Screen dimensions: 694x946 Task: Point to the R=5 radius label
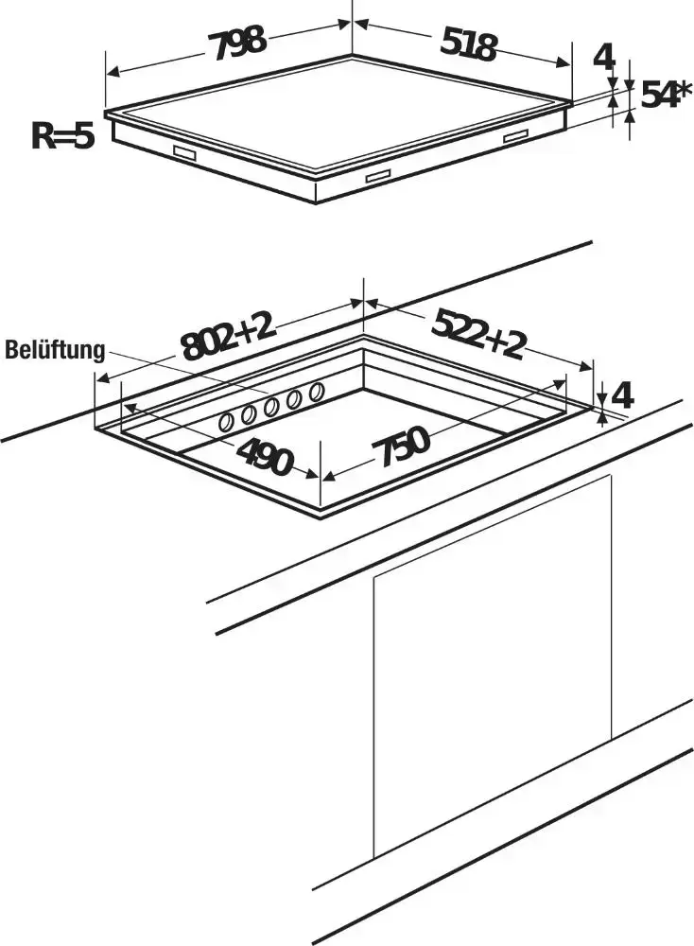coord(62,135)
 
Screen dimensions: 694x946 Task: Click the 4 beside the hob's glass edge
coord(604,58)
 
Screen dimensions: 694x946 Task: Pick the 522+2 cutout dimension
coord(477,333)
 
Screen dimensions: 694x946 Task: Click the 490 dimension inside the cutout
coord(264,456)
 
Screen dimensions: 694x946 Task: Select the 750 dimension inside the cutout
coord(400,447)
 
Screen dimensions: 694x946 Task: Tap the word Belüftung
coord(55,350)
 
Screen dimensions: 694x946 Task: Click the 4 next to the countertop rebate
coord(622,396)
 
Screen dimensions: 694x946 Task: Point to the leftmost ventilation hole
coord(227,422)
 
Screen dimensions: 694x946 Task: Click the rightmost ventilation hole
coord(315,392)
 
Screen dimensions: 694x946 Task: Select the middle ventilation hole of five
coord(270,407)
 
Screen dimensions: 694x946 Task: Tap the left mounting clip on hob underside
coord(185,153)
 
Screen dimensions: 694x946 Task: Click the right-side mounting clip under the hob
coord(516,137)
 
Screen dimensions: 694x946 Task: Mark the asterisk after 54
coord(684,89)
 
